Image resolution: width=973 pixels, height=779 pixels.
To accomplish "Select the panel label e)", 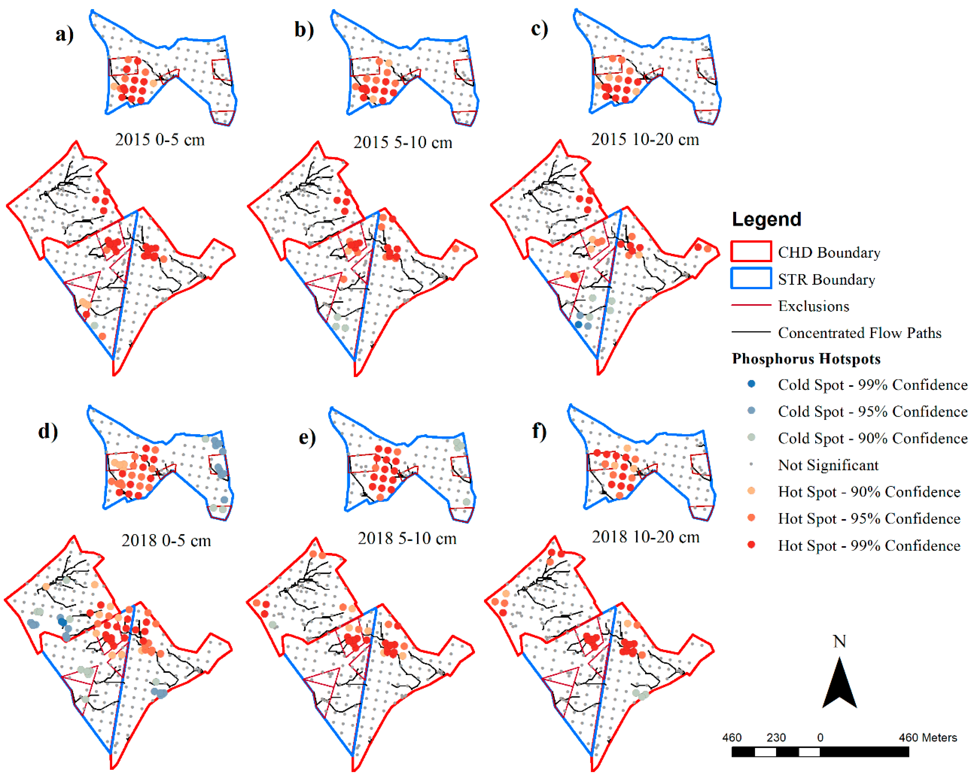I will pyautogui.click(x=307, y=437).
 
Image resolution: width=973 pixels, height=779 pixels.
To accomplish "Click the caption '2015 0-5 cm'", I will pyautogui.click(x=160, y=139).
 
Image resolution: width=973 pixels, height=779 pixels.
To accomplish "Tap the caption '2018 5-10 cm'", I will pyautogui.click(x=407, y=538).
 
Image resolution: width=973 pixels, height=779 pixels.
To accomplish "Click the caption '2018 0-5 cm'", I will pyautogui.click(x=166, y=540).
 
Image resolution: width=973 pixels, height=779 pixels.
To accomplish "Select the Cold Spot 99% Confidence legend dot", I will pyautogui.click(x=751, y=384).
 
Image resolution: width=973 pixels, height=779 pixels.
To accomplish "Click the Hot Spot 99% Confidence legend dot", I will pyautogui.click(x=751, y=544).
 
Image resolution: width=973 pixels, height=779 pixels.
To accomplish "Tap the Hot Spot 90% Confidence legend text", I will pyautogui.click(x=869, y=492).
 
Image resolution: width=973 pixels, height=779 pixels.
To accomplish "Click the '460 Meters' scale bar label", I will pyautogui.click(x=927, y=737).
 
